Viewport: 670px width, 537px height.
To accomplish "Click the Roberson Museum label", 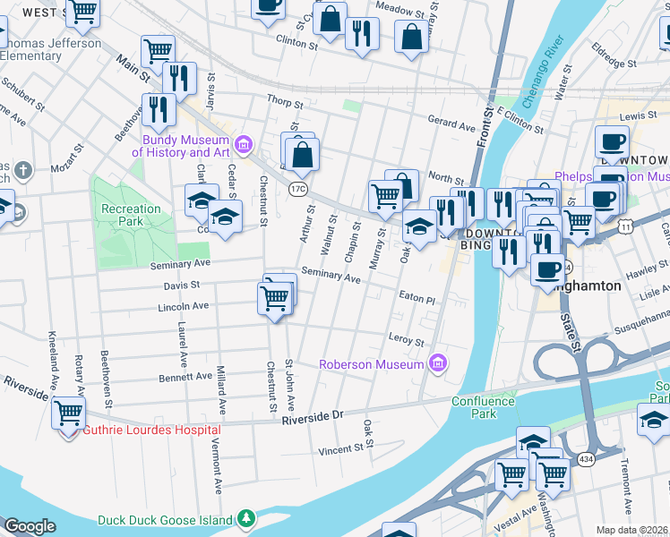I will pos(372,364).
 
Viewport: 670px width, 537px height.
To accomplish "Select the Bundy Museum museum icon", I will pos(242,145).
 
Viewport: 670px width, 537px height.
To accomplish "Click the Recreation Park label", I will pos(131,215).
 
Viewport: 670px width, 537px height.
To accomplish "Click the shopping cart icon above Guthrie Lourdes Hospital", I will pos(69,413).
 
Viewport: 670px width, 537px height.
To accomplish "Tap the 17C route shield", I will pos(298,188).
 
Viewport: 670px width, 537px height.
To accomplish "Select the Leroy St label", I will pos(406,340).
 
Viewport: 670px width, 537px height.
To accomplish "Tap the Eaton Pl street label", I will pos(417,301).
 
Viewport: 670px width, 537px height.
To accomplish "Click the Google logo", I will pos(30,526).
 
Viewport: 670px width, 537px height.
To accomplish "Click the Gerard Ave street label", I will pos(451,127).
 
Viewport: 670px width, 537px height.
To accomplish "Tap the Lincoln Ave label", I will pos(183,306).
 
